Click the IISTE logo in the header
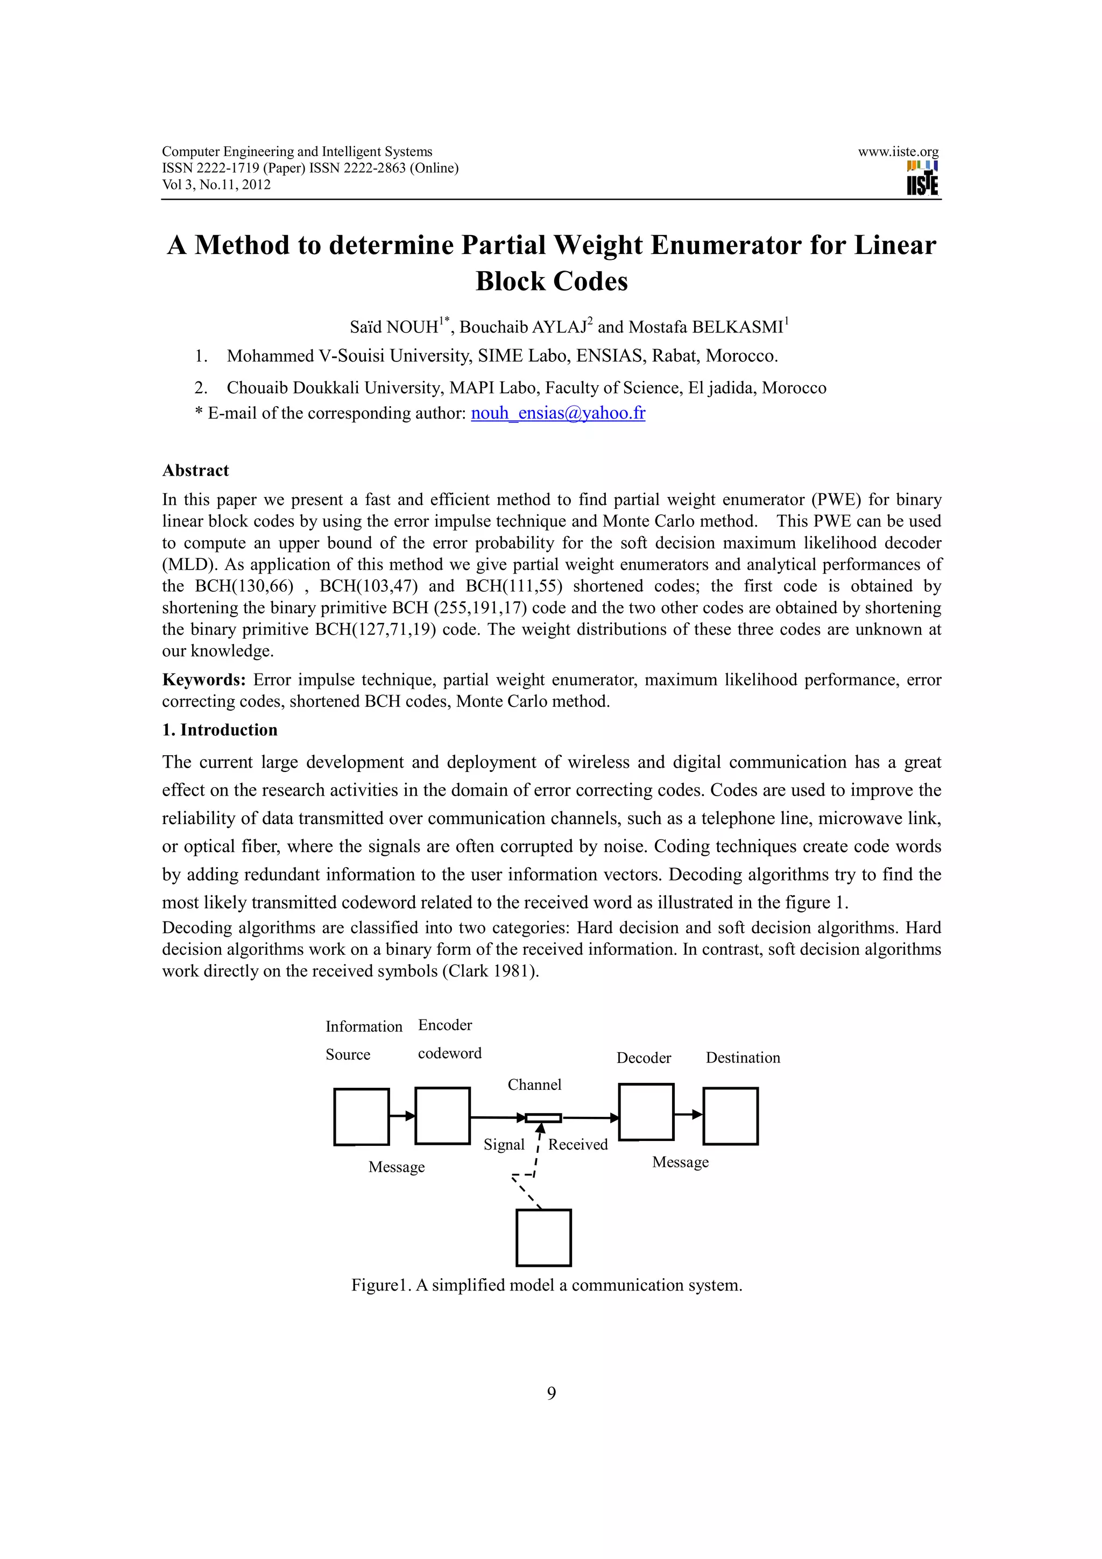coord(922,178)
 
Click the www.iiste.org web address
coord(898,151)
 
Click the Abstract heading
coord(195,471)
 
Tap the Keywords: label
coord(204,679)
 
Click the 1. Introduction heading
coord(220,730)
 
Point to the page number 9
coord(552,1393)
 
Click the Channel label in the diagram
coord(534,1085)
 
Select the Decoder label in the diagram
coord(643,1057)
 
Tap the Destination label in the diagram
coord(743,1057)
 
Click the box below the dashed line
coord(543,1238)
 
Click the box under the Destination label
coord(730,1116)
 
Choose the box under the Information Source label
coord(361,1117)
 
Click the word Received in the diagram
coord(578,1144)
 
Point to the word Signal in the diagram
coord(504,1144)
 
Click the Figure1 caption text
coord(547,1285)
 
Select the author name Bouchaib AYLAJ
coord(524,327)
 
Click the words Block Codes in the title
coord(552,281)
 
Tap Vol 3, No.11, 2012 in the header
coord(216,185)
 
